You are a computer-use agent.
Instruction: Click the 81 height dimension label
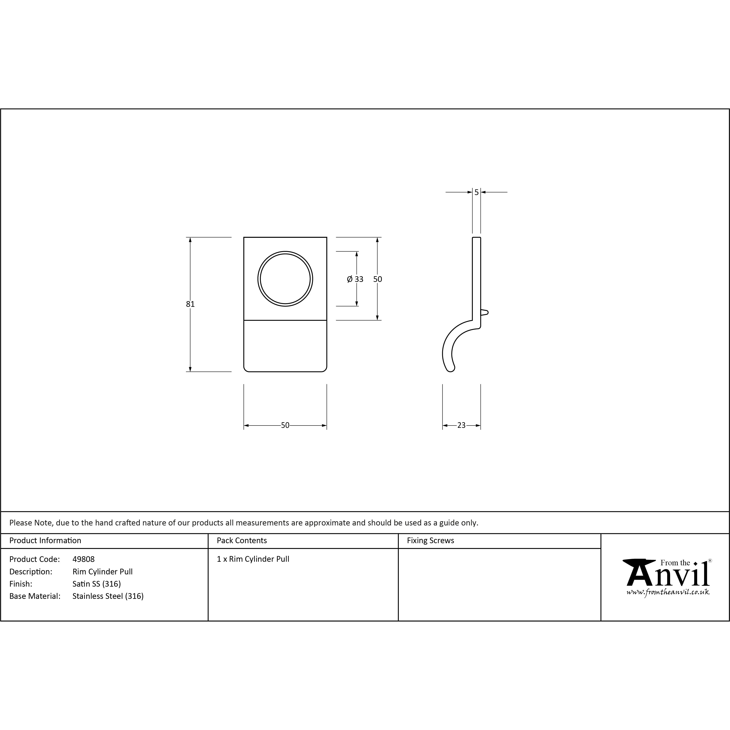point(190,304)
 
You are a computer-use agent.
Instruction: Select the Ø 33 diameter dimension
point(355,279)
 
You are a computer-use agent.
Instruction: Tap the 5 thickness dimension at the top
point(477,192)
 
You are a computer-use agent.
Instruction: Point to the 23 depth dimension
point(461,426)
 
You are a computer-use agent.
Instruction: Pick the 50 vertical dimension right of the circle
point(377,279)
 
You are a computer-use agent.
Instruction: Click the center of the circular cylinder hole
point(285,279)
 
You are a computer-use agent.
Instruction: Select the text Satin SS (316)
point(97,584)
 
